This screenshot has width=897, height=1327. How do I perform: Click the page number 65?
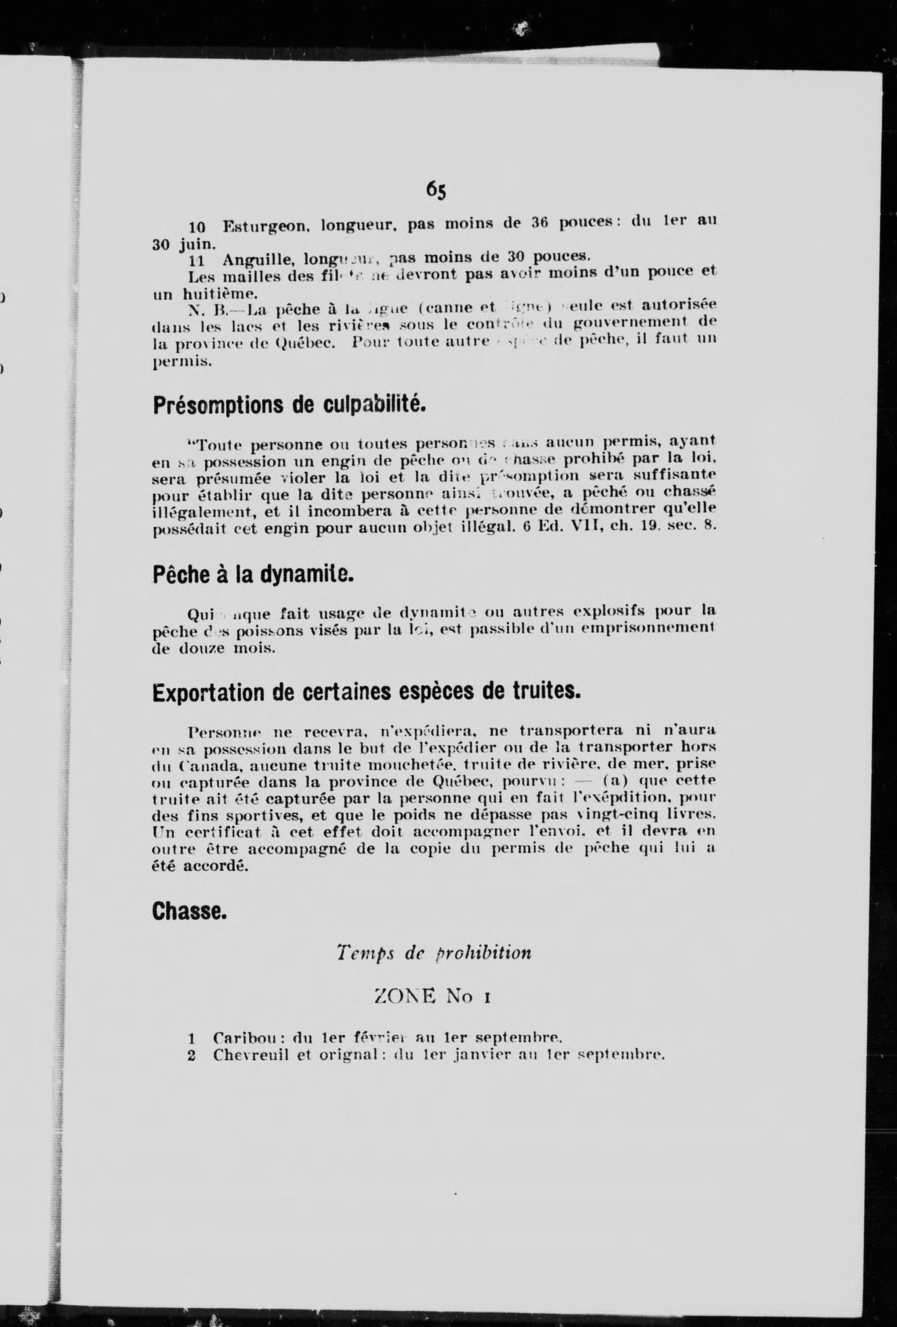436,191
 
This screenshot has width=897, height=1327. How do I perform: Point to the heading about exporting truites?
366,693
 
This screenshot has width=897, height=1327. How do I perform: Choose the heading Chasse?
190,911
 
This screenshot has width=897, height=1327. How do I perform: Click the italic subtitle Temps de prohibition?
434,952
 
